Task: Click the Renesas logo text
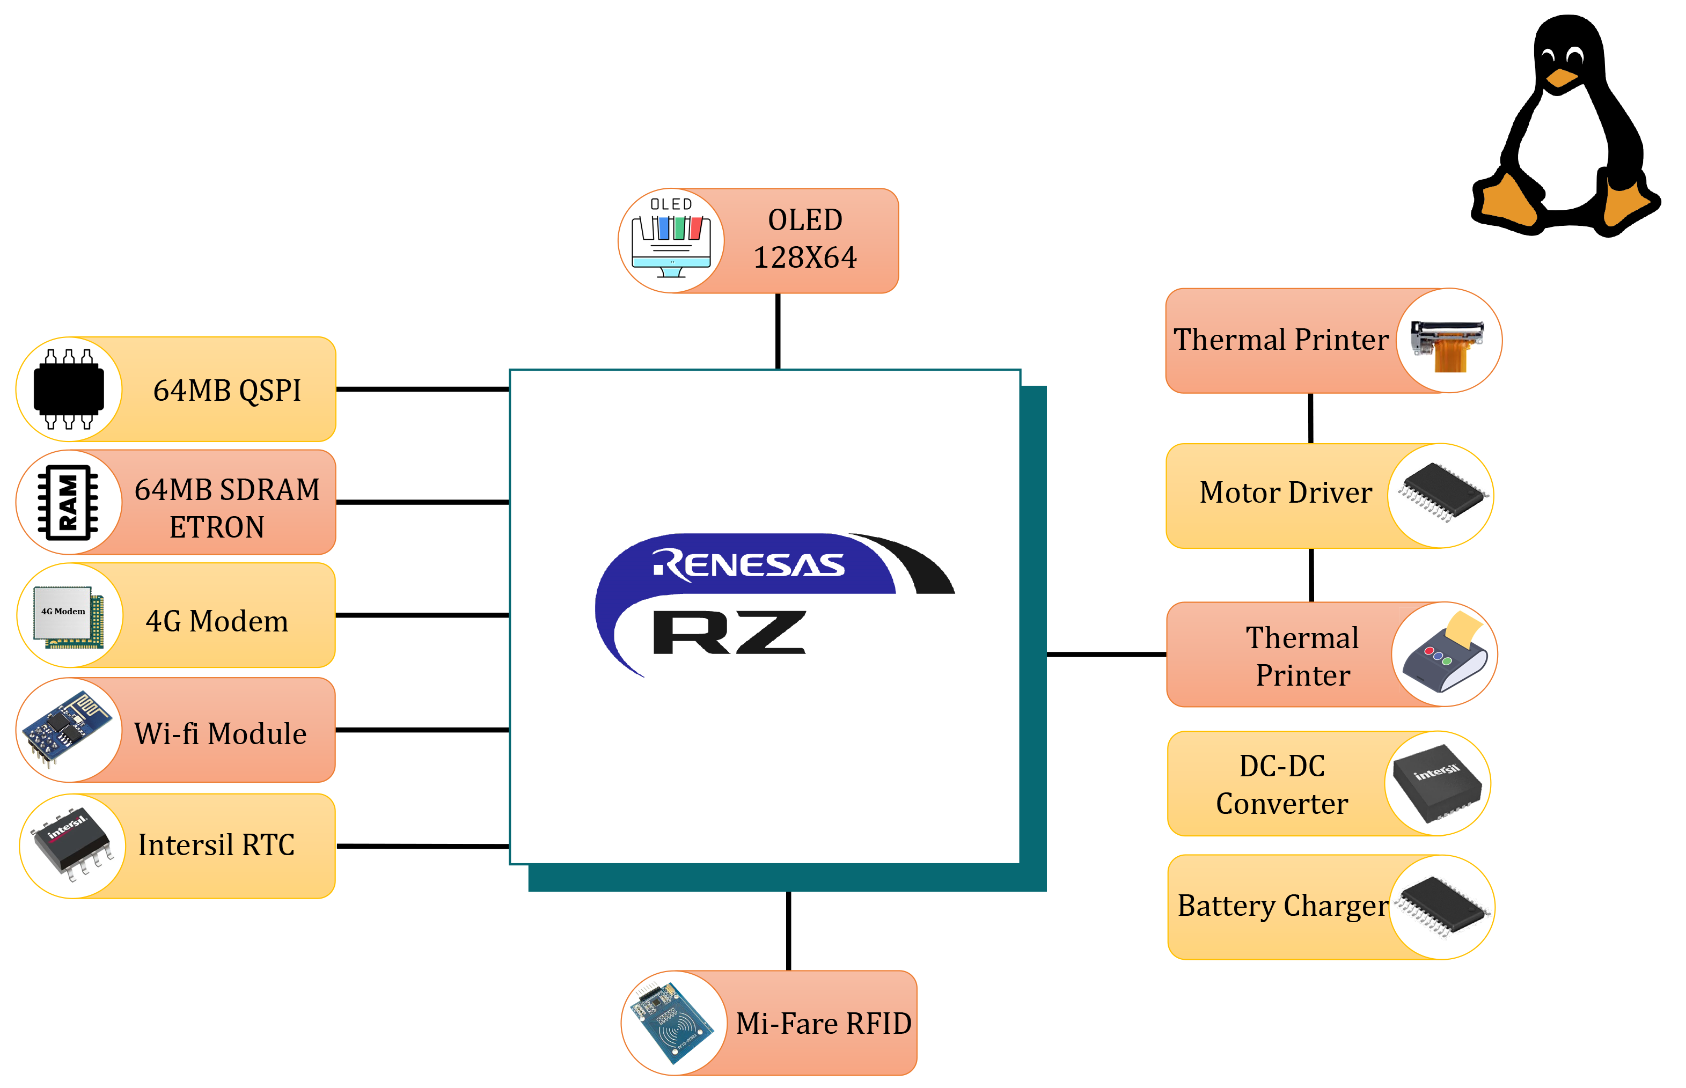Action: pos(749,564)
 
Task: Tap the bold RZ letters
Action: pos(728,633)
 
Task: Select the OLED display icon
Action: pos(671,241)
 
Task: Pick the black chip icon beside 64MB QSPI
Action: pos(69,389)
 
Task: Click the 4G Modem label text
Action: pos(217,622)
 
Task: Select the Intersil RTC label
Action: pos(216,845)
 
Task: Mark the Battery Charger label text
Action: pos(1282,906)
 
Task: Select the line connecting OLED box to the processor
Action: pos(778,330)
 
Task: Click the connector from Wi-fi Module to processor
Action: pos(422,730)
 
